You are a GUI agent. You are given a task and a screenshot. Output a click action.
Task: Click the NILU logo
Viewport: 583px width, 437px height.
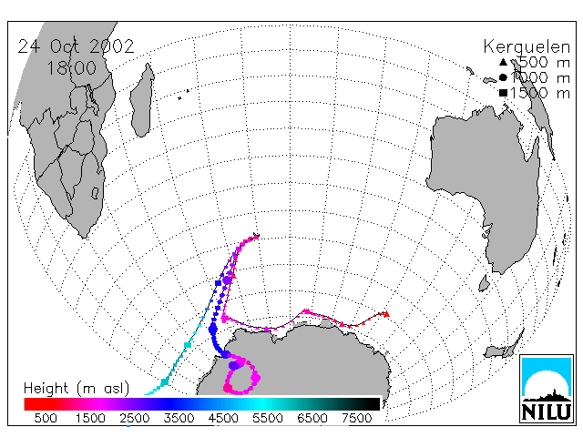tap(547, 389)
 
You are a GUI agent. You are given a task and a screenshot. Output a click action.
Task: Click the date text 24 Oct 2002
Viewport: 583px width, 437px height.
tap(76, 46)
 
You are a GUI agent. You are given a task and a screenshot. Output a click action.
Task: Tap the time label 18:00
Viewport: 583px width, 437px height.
tap(72, 68)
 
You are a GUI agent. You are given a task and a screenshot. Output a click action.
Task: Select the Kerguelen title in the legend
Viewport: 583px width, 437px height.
tap(527, 47)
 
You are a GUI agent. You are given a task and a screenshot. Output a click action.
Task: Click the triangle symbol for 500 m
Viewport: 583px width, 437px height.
tap(503, 62)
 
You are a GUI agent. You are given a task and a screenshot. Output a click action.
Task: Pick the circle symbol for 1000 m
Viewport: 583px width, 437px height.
tap(503, 77)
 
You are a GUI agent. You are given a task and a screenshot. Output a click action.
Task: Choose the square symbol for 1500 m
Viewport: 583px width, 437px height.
tap(504, 93)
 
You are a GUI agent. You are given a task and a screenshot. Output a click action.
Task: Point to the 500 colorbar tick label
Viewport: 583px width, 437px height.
tap(46, 419)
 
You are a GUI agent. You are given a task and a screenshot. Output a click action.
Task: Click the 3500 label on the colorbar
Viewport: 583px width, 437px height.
tap(179, 419)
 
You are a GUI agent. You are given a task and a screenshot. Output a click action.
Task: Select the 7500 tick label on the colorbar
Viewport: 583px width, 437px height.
tap(356, 419)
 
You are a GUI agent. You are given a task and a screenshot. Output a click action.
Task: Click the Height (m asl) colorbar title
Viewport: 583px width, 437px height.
tap(77, 389)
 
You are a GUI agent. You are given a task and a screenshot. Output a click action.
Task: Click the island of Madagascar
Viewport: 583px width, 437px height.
tap(142, 100)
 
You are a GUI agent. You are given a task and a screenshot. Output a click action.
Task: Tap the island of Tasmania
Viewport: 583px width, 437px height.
tap(484, 283)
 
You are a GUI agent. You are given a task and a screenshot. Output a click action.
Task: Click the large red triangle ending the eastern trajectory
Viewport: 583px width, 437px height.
tap(386, 314)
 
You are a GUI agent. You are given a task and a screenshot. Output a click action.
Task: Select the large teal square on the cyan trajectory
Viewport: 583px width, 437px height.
tap(164, 381)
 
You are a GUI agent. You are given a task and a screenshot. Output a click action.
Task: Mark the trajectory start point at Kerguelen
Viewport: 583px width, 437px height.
tap(257, 236)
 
